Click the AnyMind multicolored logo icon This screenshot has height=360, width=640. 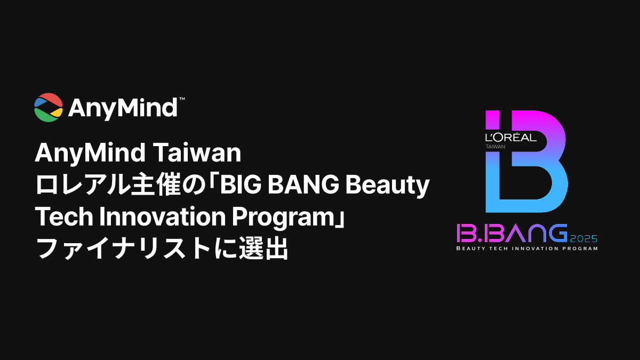[49, 107]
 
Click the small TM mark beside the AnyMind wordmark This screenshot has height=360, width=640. [182, 99]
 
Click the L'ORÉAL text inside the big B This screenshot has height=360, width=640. [510, 138]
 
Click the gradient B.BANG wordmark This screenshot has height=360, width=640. [511, 233]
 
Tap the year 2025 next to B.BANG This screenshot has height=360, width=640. [583, 238]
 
